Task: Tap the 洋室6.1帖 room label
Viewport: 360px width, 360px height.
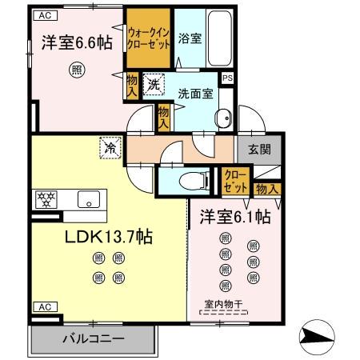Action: pyautogui.click(x=234, y=217)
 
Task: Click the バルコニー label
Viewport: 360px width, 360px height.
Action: pyautogui.click(x=94, y=339)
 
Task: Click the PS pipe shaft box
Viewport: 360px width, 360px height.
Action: pyautogui.click(x=228, y=78)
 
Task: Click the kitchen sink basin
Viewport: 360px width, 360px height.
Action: pyautogui.click(x=88, y=199)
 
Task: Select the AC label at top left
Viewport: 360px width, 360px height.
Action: pyautogui.click(x=45, y=15)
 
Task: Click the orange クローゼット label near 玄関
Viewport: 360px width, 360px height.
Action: pyautogui.click(x=235, y=179)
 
